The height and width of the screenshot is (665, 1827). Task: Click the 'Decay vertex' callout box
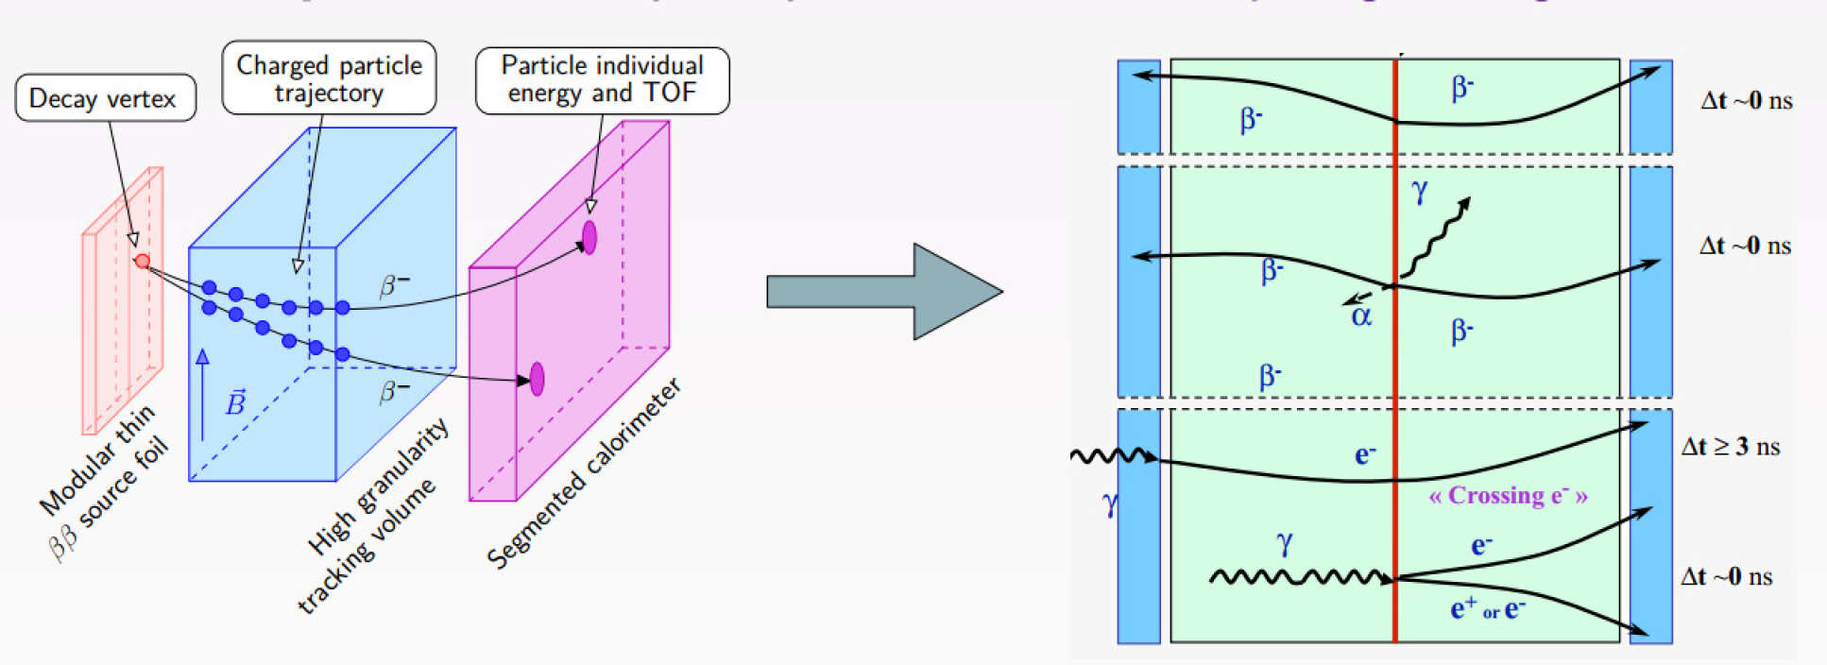click(x=105, y=98)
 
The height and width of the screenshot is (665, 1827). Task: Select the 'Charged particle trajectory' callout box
click(x=329, y=78)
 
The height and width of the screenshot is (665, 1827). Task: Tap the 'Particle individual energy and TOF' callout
click(x=602, y=79)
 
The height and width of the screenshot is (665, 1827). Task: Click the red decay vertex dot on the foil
click(x=143, y=261)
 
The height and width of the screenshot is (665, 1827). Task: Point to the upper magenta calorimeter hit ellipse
click(x=589, y=237)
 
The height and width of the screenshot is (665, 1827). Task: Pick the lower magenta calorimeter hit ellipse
click(x=537, y=379)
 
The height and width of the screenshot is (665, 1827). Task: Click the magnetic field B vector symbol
click(x=235, y=403)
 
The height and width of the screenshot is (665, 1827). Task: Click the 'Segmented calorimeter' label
click(x=583, y=473)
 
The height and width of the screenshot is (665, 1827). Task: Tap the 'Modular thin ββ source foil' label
click(x=106, y=482)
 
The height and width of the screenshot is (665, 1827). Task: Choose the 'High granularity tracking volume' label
click(x=372, y=514)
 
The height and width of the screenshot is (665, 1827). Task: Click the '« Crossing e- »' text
click(x=1508, y=496)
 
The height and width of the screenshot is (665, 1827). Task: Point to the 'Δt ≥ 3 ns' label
click(x=1730, y=447)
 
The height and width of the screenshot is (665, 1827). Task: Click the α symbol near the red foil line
click(x=1360, y=315)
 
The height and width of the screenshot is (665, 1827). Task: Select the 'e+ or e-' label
click(x=1488, y=609)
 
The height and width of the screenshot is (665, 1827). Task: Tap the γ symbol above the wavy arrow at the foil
click(x=1419, y=192)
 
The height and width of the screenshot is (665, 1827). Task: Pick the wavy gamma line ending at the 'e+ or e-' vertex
click(x=1299, y=576)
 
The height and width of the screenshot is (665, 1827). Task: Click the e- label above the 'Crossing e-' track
click(x=1364, y=455)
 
